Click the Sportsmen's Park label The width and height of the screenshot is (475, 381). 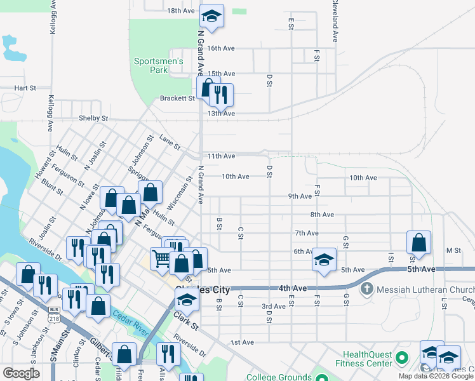(x=159, y=65)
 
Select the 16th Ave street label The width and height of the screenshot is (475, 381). (x=221, y=48)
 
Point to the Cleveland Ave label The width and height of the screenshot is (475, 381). (x=332, y=20)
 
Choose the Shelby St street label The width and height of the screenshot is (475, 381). (x=94, y=118)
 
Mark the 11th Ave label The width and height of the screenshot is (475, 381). (x=221, y=156)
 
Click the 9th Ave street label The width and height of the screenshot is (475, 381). (x=300, y=196)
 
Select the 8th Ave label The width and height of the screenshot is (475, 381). (x=322, y=215)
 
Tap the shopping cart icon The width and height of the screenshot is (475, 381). (x=161, y=258)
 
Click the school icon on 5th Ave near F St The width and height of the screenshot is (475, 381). (x=324, y=260)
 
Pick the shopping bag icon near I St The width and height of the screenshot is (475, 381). (x=419, y=242)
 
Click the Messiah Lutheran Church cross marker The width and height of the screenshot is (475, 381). (x=366, y=289)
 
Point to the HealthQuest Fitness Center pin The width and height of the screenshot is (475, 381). (x=401, y=359)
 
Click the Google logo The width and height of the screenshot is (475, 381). (x=21, y=373)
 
